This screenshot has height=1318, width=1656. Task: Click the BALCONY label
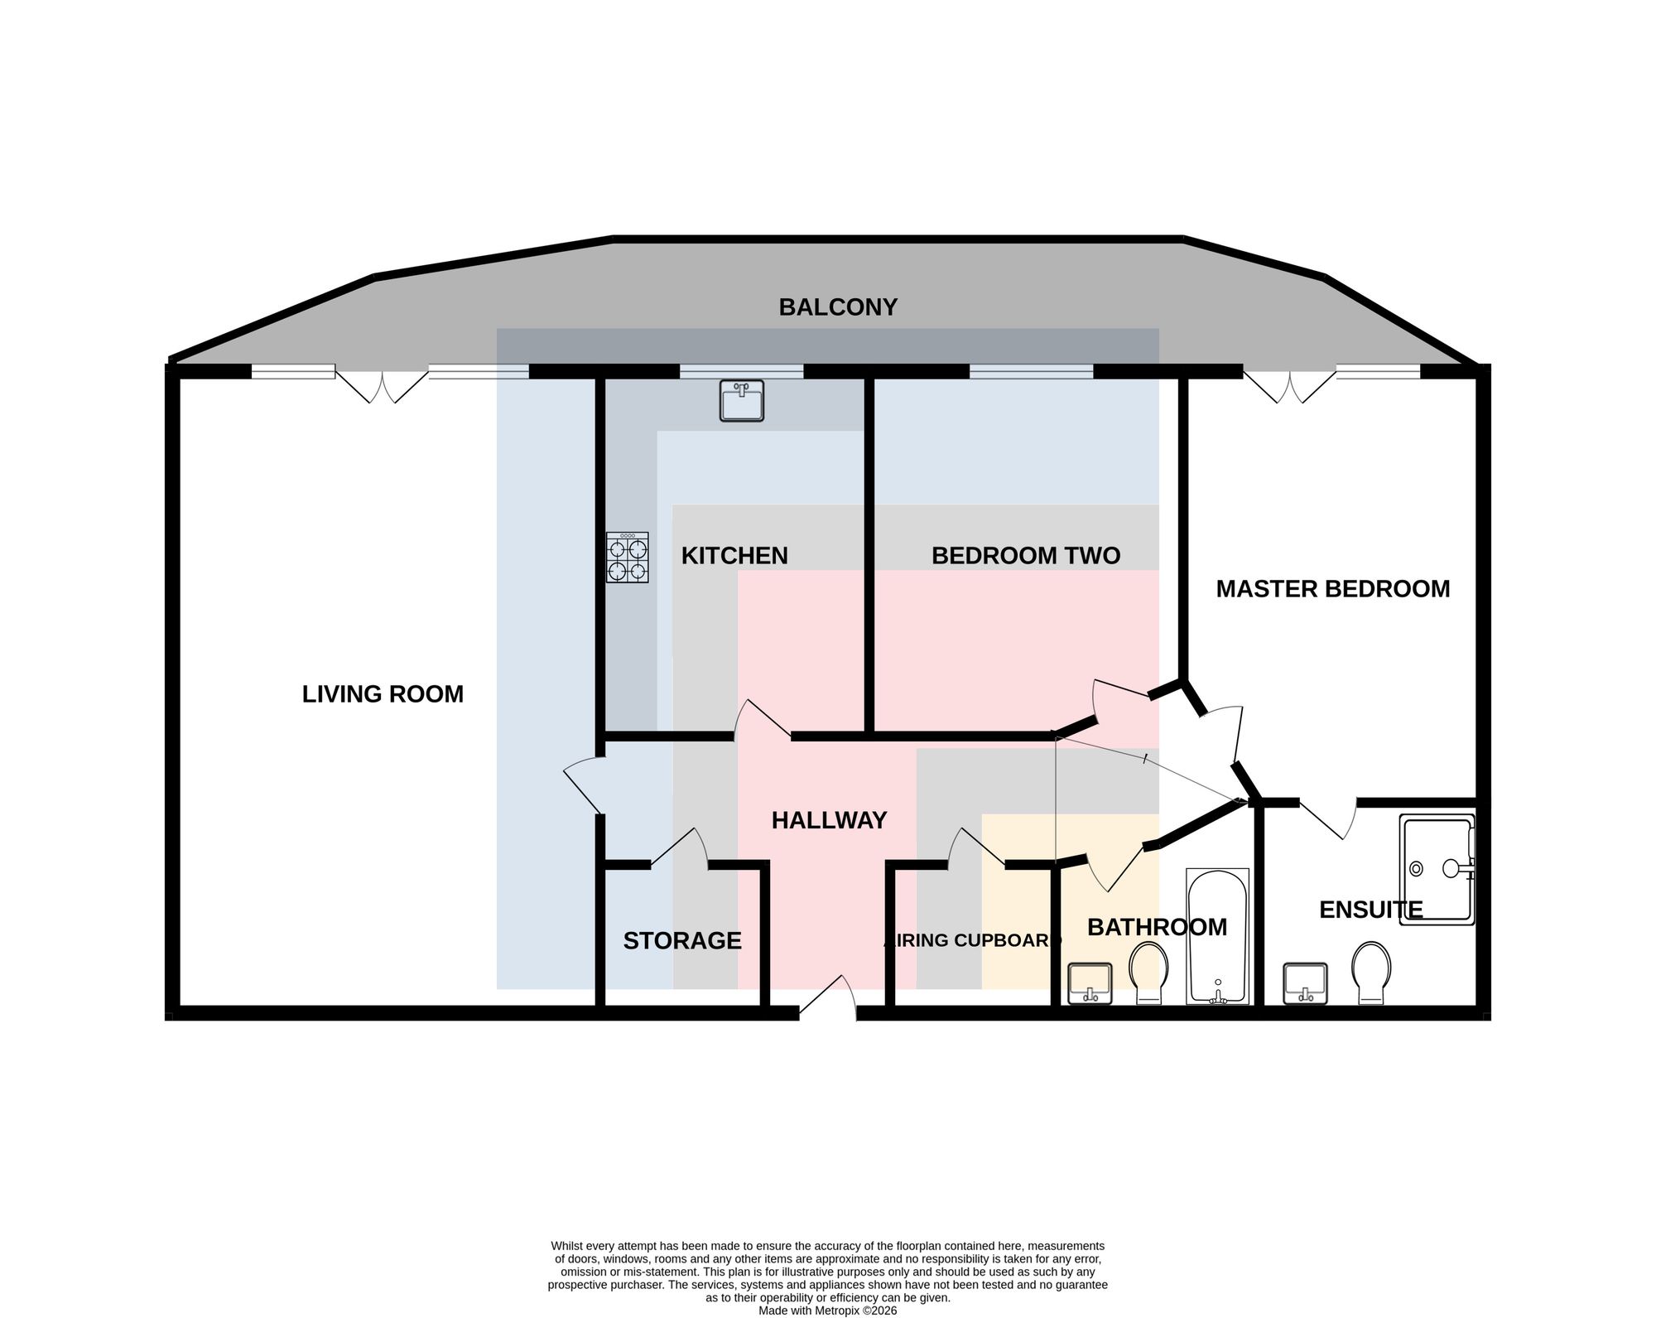pos(838,307)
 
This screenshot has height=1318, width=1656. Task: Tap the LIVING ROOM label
pos(383,694)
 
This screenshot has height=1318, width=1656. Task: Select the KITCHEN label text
pos(734,556)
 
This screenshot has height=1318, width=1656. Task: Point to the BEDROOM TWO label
pos(1026,556)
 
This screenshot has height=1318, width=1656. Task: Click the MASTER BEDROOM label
pos(1333,589)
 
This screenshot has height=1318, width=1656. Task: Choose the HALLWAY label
pos(829,820)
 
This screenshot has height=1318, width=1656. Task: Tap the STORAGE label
pos(682,941)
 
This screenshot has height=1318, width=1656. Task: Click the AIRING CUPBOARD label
pos(972,940)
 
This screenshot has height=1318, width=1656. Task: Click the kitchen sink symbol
pos(742,401)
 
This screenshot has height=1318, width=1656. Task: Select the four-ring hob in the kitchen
pos(627,558)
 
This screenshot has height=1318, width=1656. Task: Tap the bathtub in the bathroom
pos(1217,936)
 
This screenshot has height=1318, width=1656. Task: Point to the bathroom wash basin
pos(1090,983)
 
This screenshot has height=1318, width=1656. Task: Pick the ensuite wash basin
pos(1305,983)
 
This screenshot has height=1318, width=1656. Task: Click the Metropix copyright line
pos(828,1311)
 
